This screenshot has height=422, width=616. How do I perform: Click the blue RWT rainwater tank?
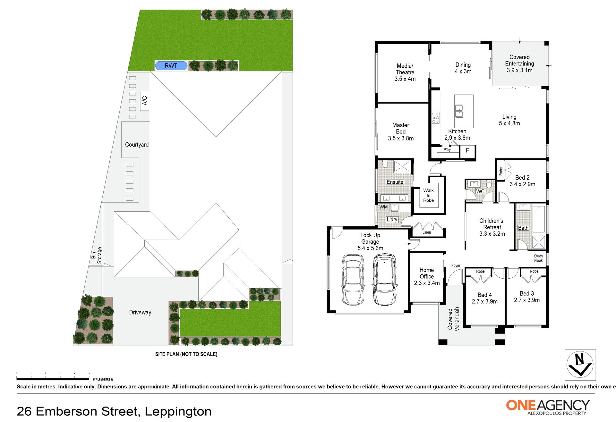click(171, 66)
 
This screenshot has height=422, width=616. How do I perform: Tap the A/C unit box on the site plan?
click(145, 101)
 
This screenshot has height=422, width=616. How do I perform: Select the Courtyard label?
click(137, 145)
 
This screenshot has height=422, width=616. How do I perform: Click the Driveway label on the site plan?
click(140, 312)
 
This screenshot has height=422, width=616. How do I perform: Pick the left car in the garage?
click(353, 280)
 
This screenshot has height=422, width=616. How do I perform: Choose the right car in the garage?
click(385, 279)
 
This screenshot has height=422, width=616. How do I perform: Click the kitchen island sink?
click(459, 111)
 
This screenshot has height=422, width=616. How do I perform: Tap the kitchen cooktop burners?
click(435, 118)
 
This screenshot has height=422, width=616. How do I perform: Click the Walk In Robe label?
click(428, 195)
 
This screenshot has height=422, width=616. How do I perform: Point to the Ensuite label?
click(395, 182)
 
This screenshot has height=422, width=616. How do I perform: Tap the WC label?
click(480, 191)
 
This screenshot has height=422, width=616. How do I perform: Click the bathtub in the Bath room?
click(538, 219)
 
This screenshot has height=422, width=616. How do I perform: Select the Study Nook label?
click(538, 258)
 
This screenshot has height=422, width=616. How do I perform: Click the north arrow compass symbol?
click(580, 365)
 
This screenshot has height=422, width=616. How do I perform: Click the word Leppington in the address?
click(178, 411)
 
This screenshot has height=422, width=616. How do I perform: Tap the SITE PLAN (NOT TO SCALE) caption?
click(186, 354)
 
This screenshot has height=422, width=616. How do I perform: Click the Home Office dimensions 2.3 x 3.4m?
click(427, 283)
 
